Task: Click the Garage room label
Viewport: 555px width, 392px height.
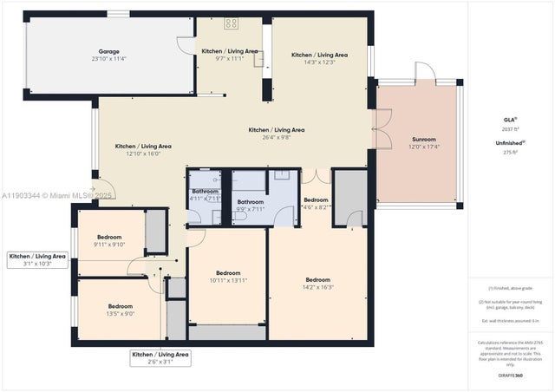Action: click(x=109, y=51)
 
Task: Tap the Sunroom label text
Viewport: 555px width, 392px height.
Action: click(x=422, y=139)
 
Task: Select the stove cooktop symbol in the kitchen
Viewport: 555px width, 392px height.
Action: click(x=232, y=23)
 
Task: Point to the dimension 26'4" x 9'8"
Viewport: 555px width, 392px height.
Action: click(x=277, y=138)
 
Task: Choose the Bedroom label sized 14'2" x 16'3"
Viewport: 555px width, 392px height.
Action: click(x=318, y=279)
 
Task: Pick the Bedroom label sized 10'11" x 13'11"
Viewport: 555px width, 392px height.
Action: click(x=228, y=272)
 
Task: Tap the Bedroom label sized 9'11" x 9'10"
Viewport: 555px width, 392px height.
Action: click(x=109, y=237)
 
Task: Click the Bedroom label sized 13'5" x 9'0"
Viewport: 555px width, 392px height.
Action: click(x=121, y=306)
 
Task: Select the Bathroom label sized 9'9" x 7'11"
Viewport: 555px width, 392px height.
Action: click(x=251, y=202)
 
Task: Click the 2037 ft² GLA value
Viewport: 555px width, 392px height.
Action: click(x=511, y=127)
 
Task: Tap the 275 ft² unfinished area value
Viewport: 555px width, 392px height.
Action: click(x=511, y=152)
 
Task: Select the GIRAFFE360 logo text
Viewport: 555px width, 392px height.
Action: click(x=511, y=376)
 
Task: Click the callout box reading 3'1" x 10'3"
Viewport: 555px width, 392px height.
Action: click(x=36, y=260)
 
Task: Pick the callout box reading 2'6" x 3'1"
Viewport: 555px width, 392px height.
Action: click(x=160, y=358)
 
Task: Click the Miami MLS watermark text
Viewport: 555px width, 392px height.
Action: click(x=56, y=195)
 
